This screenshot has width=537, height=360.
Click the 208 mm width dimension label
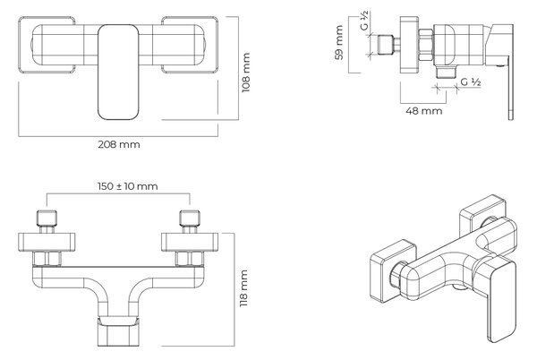[119, 144]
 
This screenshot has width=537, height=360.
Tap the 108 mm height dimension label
[246, 73]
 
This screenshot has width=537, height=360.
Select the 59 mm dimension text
[339, 42]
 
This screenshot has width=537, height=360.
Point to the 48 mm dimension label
[423, 111]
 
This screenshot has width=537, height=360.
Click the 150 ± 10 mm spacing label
[128, 186]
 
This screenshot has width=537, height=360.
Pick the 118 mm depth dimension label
[243, 288]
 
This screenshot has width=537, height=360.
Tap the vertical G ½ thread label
[365, 21]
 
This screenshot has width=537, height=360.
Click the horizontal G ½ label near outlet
[471, 82]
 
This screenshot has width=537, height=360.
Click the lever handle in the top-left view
[118, 72]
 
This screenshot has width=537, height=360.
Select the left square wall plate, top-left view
[47, 45]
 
